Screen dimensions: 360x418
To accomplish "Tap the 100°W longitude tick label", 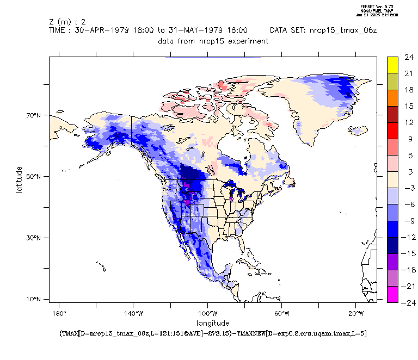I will pyautogui.click(x=207, y=314).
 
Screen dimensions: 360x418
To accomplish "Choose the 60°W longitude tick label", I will pyautogui.click(x=281, y=314).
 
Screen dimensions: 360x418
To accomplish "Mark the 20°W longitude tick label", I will pyautogui.click(x=355, y=314).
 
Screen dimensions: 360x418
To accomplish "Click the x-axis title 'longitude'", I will pyautogui.click(x=213, y=323).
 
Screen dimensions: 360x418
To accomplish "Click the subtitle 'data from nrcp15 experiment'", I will pyautogui.click(x=213, y=41).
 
